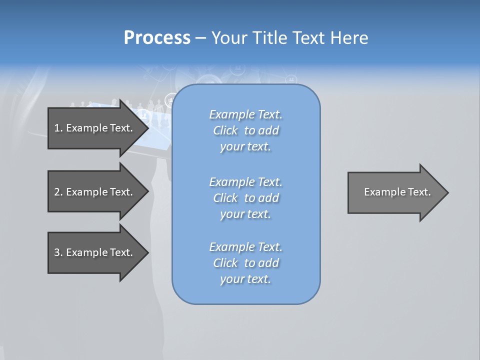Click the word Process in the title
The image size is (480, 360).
(x=157, y=38)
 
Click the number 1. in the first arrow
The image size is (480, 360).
(x=58, y=128)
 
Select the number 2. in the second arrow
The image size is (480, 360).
(x=58, y=192)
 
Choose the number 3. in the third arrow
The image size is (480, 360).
(x=58, y=252)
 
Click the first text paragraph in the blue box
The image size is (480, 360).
(x=245, y=130)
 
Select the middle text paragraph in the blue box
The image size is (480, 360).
(x=245, y=198)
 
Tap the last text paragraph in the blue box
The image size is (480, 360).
(x=245, y=263)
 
